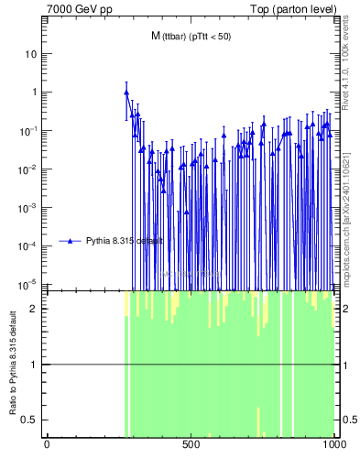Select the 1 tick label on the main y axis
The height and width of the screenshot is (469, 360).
[34, 93]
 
